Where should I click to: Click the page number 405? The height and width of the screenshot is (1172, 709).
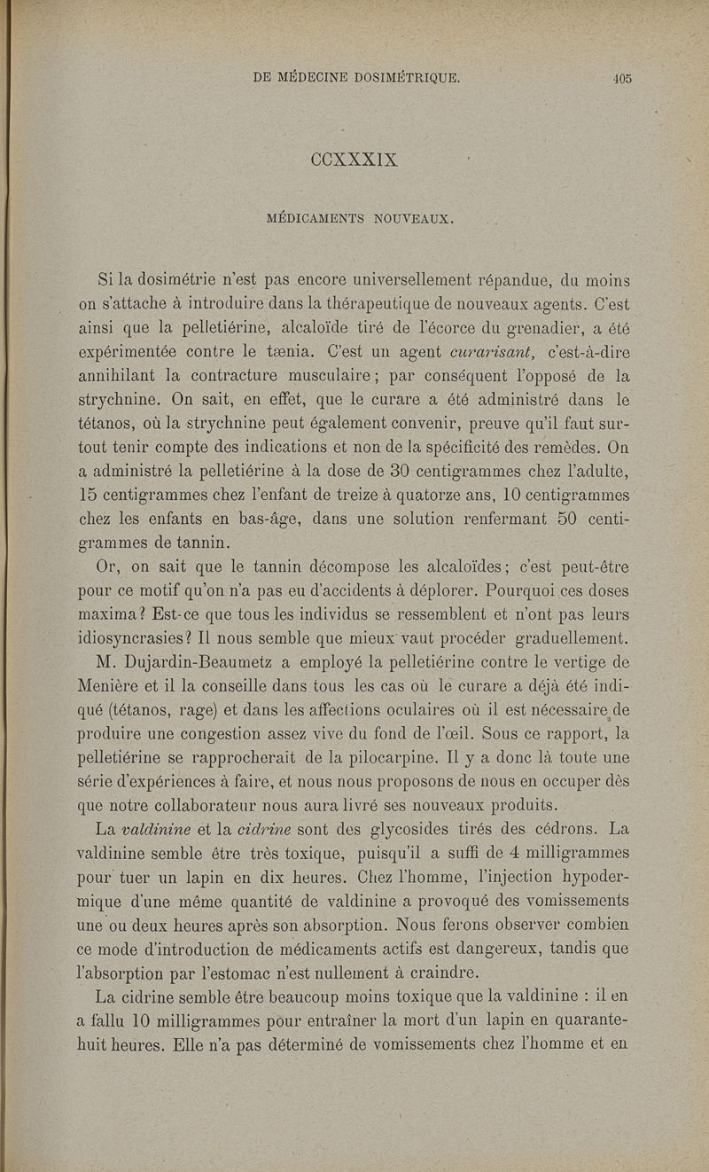620,78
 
